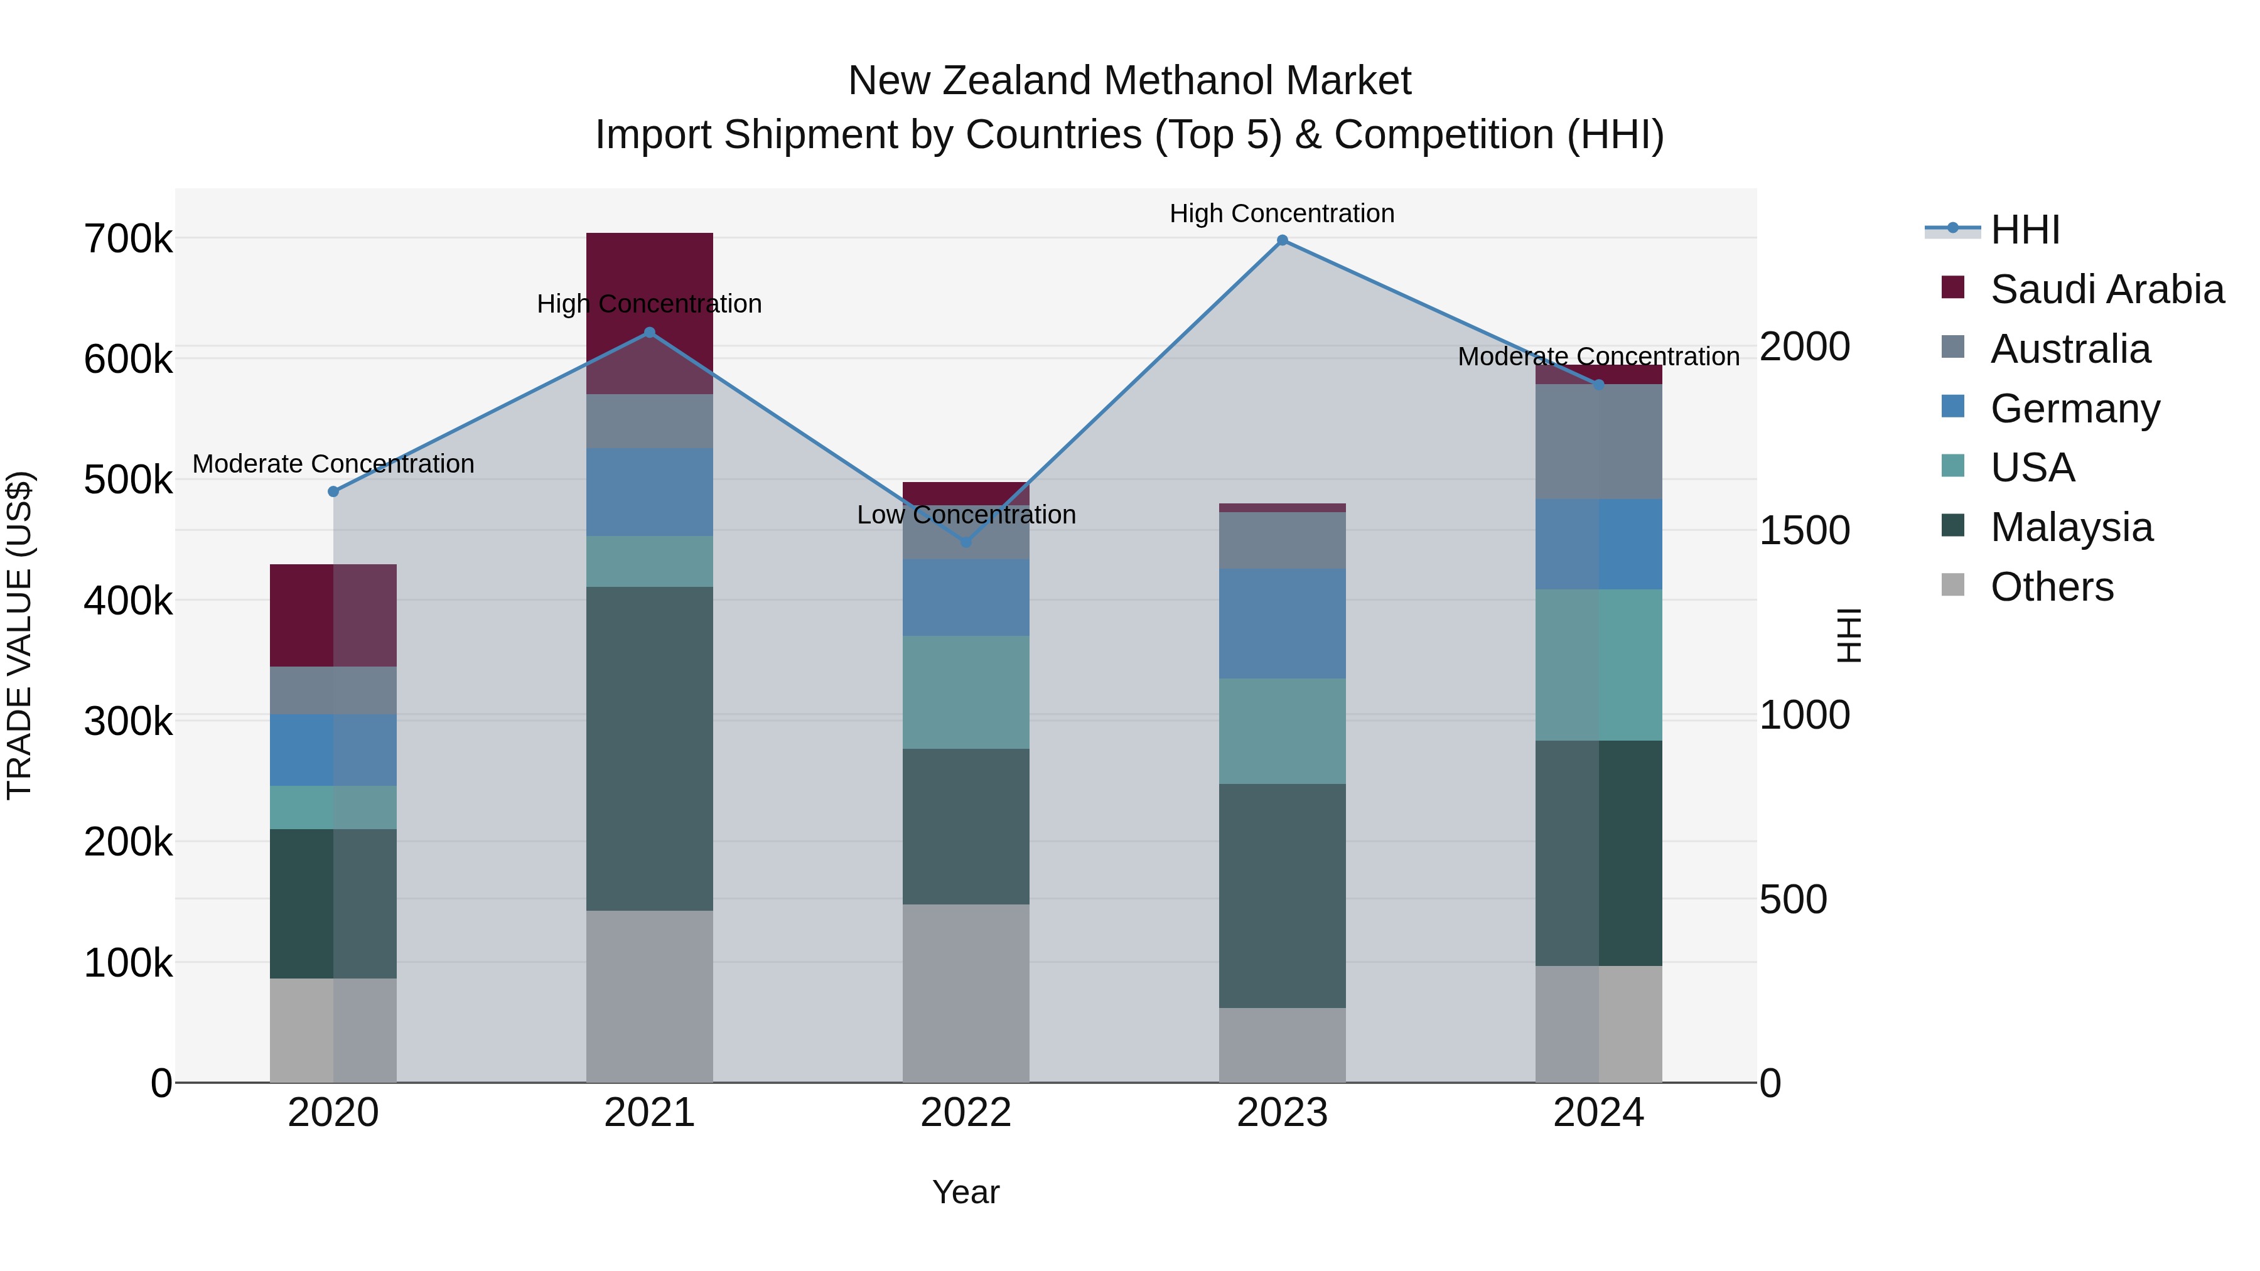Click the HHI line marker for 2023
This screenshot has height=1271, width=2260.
point(1282,240)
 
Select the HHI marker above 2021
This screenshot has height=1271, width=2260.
point(649,333)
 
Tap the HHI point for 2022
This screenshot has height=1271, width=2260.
point(966,542)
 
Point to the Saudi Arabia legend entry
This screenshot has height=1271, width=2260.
point(2106,289)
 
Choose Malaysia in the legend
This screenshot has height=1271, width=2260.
point(2070,527)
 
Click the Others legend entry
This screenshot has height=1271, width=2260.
point(2051,587)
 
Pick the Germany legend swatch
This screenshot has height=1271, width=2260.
point(1953,407)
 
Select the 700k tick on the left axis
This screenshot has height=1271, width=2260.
point(128,239)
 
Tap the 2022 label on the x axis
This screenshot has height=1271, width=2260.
point(966,1113)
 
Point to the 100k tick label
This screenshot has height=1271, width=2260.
point(128,963)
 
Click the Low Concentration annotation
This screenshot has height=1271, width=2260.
point(966,515)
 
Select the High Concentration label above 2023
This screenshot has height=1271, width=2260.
point(1282,213)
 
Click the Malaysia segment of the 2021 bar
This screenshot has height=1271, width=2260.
point(649,748)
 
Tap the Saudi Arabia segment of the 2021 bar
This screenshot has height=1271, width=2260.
point(649,281)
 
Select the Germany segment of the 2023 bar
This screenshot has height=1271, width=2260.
point(1282,623)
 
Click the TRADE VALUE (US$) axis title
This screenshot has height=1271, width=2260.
point(19,635)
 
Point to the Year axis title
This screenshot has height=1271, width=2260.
point(966,1192)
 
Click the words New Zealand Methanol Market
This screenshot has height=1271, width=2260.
point(1129,81)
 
